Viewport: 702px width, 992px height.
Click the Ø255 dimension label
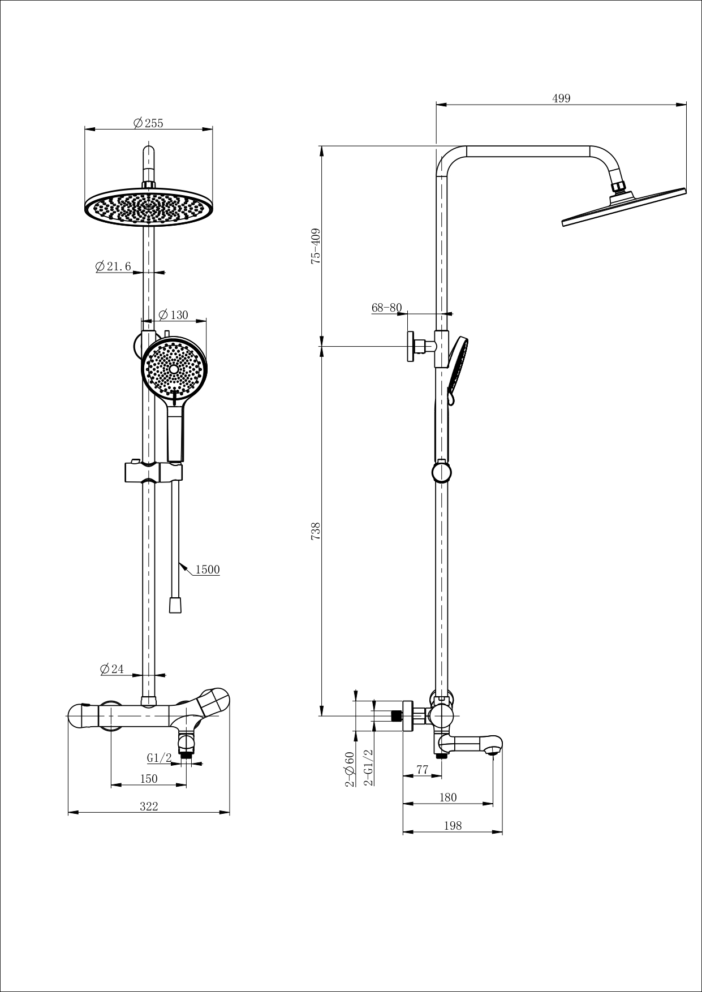tap(148, 123)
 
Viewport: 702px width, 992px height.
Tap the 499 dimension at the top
tap(561, 98)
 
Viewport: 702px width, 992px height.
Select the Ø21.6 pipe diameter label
tap(113, 266)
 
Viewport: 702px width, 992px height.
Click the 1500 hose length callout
tap(208, 570)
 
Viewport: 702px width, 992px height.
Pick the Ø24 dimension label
tap(112, 669)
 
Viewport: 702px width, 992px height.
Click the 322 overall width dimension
tap(149, 806)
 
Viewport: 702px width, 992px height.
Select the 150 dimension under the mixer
tap(148, 779)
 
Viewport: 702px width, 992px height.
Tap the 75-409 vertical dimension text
tap(316, 246)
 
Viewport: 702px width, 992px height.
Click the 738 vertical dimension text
tap(316, 531)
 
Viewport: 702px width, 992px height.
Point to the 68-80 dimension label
tap(386, 308)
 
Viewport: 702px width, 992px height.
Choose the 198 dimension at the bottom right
tap(453, 826)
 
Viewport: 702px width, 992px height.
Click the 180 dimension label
tap(447, 797)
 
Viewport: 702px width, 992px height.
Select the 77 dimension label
tap(422, 769)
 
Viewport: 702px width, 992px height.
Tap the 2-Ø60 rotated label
tap(350, 769)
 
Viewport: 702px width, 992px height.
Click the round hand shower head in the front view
tap(174, 368)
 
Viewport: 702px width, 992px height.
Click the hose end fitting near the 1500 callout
tap(175, 606)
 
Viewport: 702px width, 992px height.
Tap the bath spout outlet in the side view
tap(493, 751)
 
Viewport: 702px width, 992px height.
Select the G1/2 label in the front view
tap(159, 758)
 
